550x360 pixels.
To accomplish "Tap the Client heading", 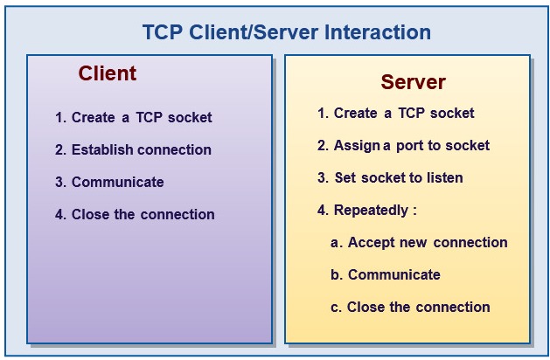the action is (108, 73).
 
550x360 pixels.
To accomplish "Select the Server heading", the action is (414, 82).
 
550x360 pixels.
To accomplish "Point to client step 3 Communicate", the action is (117, 182).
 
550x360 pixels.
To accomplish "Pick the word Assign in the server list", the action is (357, 146).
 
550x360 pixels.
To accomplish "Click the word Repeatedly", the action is (371, 211).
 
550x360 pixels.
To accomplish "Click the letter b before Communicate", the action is (335, 274).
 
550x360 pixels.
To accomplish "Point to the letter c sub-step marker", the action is (335, 308).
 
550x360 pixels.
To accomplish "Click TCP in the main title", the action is (163, 32).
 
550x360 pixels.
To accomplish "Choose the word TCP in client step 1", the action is (149, 117).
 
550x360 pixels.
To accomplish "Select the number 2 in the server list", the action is (321, 145).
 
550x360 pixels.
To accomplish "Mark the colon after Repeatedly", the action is (414, 211).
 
